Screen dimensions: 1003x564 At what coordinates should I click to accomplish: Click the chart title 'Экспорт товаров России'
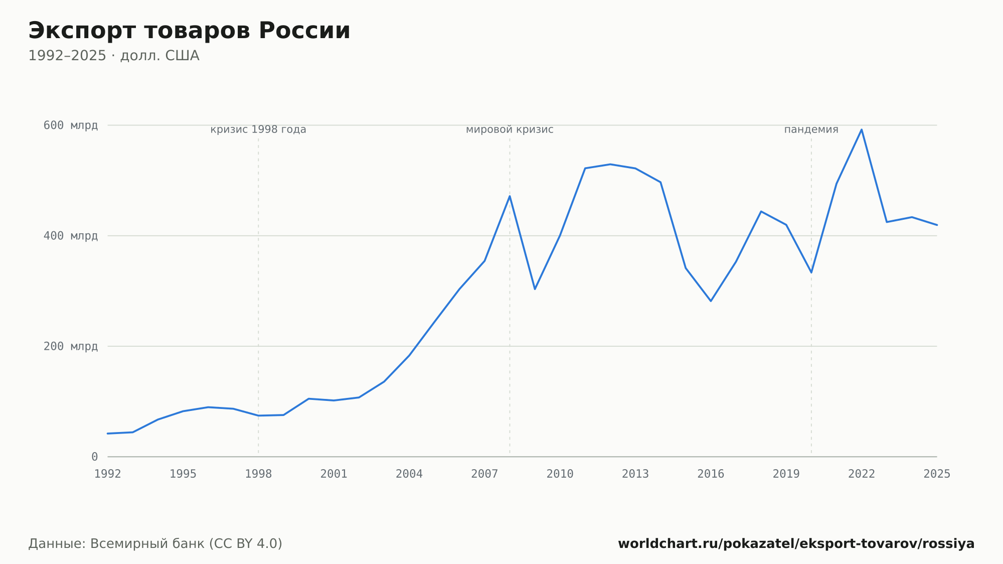click(x=189, y=31)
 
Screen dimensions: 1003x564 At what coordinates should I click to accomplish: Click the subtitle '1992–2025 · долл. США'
click(x=114, y=56)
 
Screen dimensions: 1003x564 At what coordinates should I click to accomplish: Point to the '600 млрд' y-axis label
click(x=71, y=125)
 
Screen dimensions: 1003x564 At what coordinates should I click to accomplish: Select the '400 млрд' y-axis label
click(x=71, y=236)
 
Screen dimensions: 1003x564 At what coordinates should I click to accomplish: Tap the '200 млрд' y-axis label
click(x=71, y=346)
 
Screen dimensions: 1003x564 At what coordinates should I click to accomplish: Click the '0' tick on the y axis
click(x=94, y=457)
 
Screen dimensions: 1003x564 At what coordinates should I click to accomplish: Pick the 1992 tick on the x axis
click(x=108, y=474)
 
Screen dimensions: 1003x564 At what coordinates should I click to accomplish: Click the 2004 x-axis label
click(x=409, y=474)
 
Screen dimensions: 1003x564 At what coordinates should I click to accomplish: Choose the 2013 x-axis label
click(x=635, y=474)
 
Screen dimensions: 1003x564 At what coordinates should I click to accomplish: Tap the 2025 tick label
click(x=937, y=474)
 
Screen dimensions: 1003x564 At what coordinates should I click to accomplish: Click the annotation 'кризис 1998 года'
click(x=258, y=129)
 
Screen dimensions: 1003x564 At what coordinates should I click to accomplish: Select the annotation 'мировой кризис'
click(x=510, y=129)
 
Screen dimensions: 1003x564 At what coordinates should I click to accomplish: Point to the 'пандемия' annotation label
click(x=811, y=129)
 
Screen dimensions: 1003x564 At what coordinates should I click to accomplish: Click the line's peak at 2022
click(x=862, y=129)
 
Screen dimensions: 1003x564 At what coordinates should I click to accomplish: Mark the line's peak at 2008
click(x=510, y=196)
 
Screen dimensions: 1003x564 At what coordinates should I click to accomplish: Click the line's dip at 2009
click(x=535, y=289)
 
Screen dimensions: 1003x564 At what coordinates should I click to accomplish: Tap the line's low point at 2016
click(x=711, y=301)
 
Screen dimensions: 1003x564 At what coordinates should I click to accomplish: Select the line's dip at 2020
click(x=811, y=272)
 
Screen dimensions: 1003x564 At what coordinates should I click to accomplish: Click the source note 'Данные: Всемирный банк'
click(x=116, y=544)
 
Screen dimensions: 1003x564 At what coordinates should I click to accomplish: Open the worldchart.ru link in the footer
click(x=796, y=544)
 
